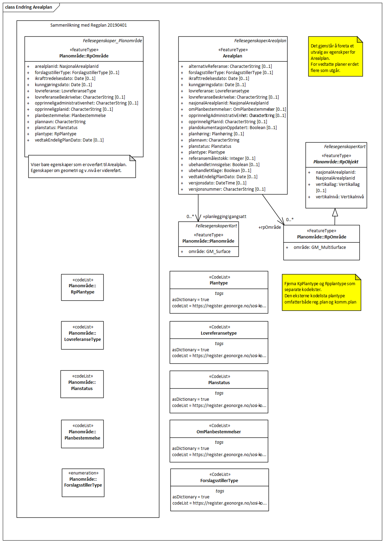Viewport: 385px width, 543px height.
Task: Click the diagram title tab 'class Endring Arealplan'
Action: (29, 7)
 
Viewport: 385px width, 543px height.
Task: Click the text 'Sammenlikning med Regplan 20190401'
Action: (88, 25)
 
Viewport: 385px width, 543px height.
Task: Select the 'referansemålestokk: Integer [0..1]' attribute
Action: (222, 159)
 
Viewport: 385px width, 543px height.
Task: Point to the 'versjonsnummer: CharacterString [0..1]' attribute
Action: (227, 189)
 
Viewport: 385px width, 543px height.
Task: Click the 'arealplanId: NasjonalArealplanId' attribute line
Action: (66, 66)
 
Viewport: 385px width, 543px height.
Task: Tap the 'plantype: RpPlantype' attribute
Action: (55, 134)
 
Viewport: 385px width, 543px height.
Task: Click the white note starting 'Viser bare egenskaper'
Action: (82, 167)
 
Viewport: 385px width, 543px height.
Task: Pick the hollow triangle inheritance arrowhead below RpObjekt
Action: (335, 212)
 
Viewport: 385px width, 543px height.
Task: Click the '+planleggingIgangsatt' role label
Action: (224, 217)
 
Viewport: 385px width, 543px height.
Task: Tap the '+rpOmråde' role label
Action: (270, 227)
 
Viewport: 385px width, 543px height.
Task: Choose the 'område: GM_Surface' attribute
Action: (209, 252)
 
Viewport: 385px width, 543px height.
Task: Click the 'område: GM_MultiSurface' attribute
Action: (319, 247)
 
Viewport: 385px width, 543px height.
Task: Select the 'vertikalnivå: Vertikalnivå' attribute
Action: (339, 197)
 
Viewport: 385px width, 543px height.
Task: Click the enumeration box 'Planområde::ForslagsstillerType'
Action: (83, 482)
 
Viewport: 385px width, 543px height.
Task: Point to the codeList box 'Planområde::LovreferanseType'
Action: (82, 335)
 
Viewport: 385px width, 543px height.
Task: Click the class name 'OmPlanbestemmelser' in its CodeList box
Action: (219, 432)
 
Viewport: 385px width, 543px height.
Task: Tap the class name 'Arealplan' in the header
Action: (233, 56)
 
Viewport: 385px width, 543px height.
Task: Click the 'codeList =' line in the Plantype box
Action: (219, 306)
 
